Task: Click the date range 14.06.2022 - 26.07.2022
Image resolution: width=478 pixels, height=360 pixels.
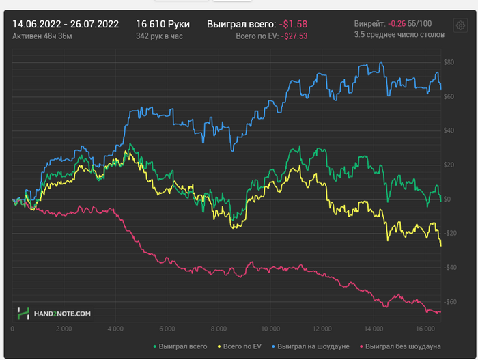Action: pos(66,24)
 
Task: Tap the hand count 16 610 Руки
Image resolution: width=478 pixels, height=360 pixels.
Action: pos(163,24)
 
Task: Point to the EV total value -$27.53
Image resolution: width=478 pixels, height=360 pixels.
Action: pos(295,36)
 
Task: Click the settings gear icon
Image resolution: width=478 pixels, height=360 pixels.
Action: pos(460,26)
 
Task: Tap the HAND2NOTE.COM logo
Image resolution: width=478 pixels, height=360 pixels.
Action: pos(54,314)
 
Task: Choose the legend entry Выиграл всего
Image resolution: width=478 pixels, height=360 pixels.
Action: pos(181,346)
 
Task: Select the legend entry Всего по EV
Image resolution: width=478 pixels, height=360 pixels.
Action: pos(243,346)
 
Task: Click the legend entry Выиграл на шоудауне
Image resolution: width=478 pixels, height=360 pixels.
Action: pos(311,346)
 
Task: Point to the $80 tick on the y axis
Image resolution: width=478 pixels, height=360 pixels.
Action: pos(449,63)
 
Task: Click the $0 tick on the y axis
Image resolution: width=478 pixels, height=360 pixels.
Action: pos(447,199)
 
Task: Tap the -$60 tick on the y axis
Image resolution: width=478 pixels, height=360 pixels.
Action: pos(449,302)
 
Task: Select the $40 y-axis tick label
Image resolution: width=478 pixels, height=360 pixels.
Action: pos(449,131)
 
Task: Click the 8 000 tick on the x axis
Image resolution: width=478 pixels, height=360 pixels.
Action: pos(219,329)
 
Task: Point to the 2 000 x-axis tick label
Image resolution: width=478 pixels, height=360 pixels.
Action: pos(64,329)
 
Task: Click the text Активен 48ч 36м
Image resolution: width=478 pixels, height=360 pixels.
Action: pos(42,36)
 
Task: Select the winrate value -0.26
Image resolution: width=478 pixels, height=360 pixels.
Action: pos(396,23)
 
